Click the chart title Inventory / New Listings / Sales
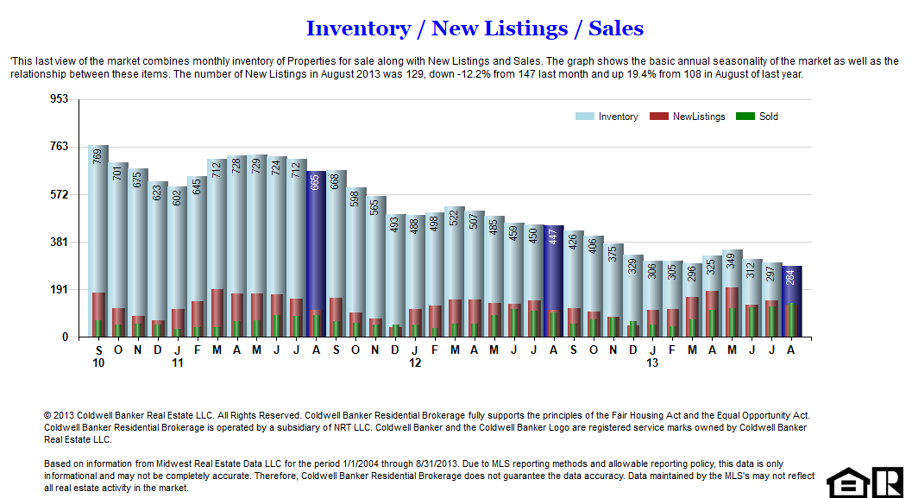point(475,28)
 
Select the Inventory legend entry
point(608,117)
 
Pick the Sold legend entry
point(758,117)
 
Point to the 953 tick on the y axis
point(59,99)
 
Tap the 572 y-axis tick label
point(59,194)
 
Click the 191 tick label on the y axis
point(59,290)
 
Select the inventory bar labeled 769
point(97,224)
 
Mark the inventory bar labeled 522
point(455,259)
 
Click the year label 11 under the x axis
point(178,363)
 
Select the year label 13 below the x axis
point(652,363)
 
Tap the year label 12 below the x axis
point(415,363)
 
